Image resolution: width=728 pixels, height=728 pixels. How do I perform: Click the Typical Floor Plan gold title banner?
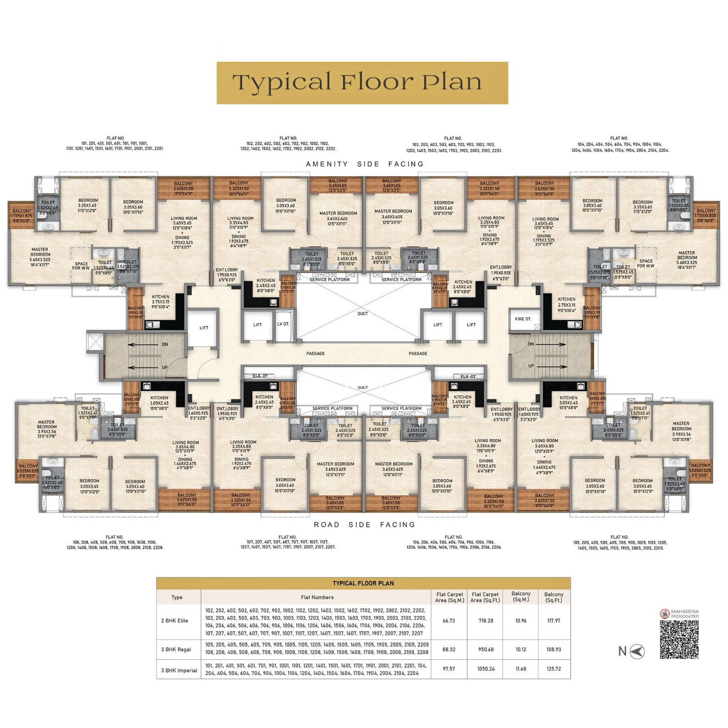coord(362,83)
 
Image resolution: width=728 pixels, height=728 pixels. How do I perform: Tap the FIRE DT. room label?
coord(523,319)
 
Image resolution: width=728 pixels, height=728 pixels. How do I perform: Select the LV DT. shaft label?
coord(283,324)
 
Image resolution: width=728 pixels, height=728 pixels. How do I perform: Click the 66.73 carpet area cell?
coord(449,621)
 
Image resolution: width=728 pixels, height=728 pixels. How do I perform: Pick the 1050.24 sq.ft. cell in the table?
coord(485,669)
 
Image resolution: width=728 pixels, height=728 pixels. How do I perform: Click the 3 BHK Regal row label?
coord(176,649)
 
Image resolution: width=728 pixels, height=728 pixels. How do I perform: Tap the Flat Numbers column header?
coord(317,597)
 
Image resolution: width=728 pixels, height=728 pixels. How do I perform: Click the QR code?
coord(679,639)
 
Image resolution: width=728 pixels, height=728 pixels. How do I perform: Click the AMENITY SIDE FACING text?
coord(364,164)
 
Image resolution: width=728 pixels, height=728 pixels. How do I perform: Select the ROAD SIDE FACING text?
coord(364,525)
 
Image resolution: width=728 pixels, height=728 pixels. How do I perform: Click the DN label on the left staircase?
coord(165,344)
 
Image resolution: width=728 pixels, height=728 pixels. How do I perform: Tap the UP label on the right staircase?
coord(531,366)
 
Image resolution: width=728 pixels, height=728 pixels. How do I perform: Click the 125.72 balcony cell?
coord(554,669)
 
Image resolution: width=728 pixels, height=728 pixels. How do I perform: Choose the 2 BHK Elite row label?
coord(175,621)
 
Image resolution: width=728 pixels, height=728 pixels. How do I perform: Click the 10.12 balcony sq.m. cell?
coord(521,649)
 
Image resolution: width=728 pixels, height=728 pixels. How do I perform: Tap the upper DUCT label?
coord(363,313)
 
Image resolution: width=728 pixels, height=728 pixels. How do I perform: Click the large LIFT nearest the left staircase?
coord(204,328)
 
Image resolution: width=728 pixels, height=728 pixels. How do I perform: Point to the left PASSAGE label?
coord(315,354)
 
